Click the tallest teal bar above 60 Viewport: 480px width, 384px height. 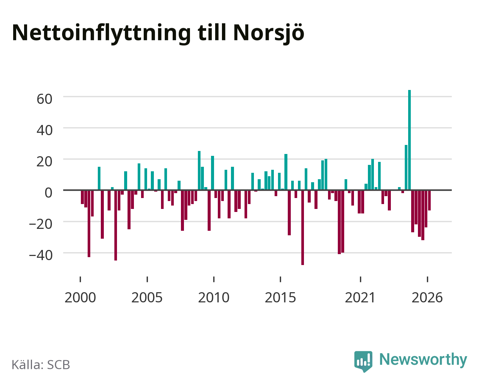(x=409, y=140)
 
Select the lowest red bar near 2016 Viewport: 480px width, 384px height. (x=302, y=227)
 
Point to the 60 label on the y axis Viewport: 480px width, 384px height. (x=44, y=99)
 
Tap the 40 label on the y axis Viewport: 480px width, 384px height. (x=44, y=130)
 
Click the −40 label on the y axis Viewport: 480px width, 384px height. (x=41, y=255)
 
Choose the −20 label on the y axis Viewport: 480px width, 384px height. (x=41, y=224)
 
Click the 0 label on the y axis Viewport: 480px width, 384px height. (x=49, y=193)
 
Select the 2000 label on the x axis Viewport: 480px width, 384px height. (x=80, y=297)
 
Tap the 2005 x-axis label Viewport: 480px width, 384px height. (x=147, y=297)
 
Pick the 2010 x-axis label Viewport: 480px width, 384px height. (x=214, y=297)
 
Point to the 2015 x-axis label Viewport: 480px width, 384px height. (x=280, y=297)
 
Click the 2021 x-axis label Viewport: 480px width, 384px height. (x=360, y=297)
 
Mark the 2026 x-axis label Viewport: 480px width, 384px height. (x=427, y=297)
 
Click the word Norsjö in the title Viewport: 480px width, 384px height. (x=269, y=34)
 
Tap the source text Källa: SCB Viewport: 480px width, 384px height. (x=41, y=365)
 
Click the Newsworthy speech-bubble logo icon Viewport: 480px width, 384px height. (x=363, y=362)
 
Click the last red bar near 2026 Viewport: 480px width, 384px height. (x=429, y=200)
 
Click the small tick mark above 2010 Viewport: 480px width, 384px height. (x=214, y=279)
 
